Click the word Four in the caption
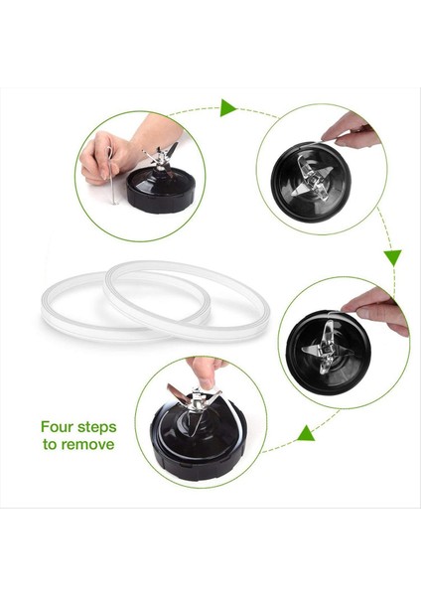[60, 426]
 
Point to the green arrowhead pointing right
[228, 106]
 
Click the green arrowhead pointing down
[392, 257]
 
